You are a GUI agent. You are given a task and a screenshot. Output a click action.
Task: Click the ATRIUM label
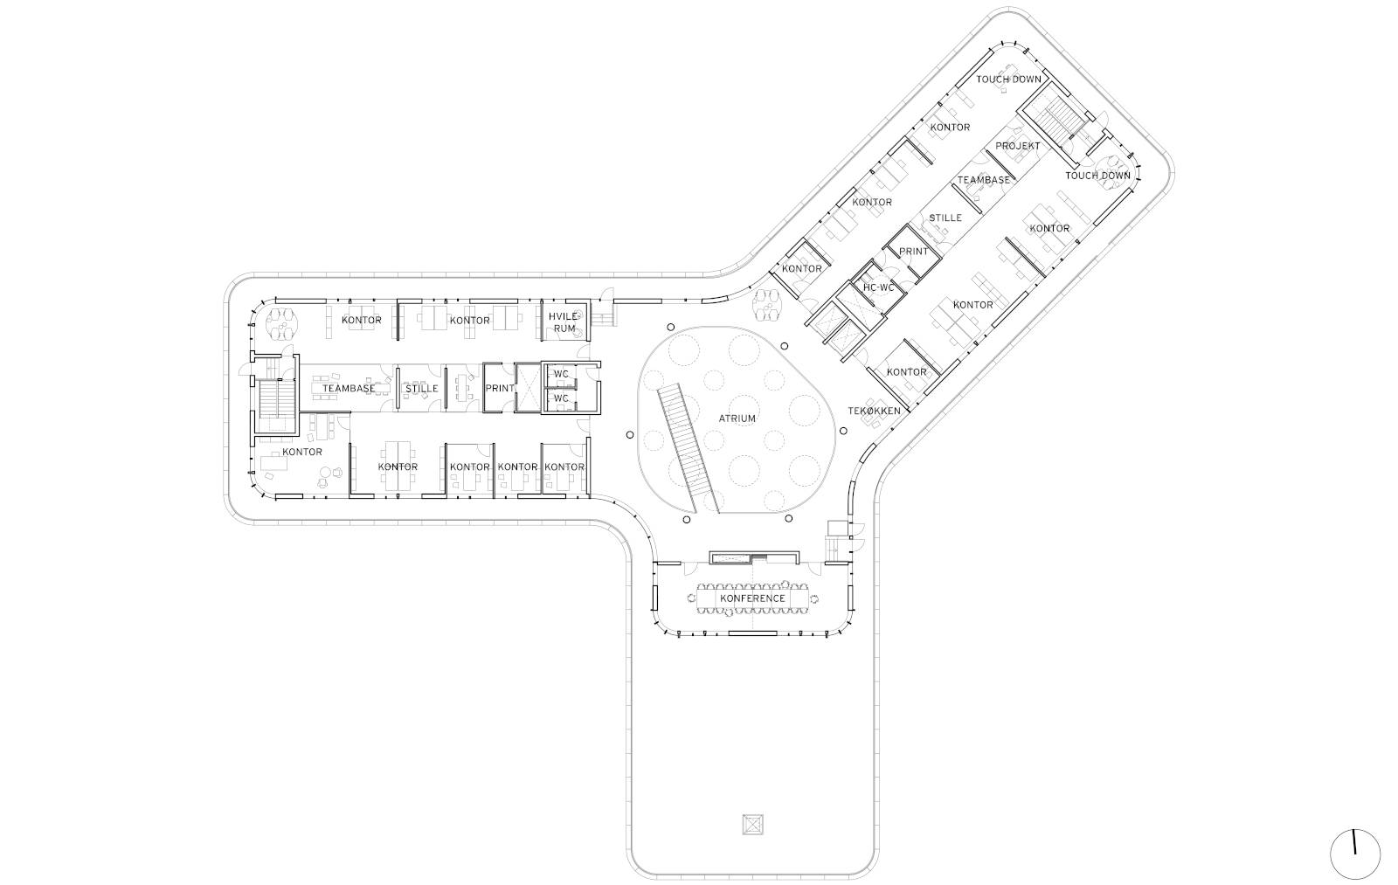pyautogui.click(x=737, y=418)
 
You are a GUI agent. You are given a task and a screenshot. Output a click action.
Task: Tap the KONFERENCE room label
pyautogui.click(x=752, y=598)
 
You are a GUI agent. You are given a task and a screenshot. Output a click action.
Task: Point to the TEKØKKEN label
pyautogui.click(x=874, y=411)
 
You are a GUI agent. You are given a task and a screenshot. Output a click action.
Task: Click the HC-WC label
pyautogui.click(x=879, y=287)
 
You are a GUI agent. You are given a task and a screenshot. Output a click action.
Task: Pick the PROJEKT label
pyautogui.click(x=1018, y=146)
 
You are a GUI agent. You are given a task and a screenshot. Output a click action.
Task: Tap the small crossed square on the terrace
pyautogui.click(x=753, y=825)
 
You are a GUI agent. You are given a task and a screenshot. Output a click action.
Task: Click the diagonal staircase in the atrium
pyautogui.click(x=687, y=448)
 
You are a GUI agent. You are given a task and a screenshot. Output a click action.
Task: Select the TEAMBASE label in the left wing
pyautogui.click(x=349, y=388)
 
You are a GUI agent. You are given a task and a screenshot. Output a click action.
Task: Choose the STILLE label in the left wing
pyautogui.click(x=422, y=388)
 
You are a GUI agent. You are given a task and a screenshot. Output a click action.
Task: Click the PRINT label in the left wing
pyautogui.click(x=500, y=388)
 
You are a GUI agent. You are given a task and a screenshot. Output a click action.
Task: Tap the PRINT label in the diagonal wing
pyautogui.click(x=914, y=252)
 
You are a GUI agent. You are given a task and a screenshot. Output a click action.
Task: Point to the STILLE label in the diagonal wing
pyautogui.click(x=945, y=218)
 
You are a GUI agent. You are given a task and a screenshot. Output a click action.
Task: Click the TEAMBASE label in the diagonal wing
pyautogui.click(x=984, y=180)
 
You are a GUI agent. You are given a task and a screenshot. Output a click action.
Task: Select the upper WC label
pyautogui.click(x=561, y=375)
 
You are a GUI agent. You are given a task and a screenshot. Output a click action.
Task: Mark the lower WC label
pyautogui.click(x=561, y=398)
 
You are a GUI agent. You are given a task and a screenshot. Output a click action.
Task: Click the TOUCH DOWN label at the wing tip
pyautogui.click(x=1008, y=80)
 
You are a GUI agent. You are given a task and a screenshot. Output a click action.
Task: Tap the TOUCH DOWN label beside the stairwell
pyautogui.click(x=1097, y=176)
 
